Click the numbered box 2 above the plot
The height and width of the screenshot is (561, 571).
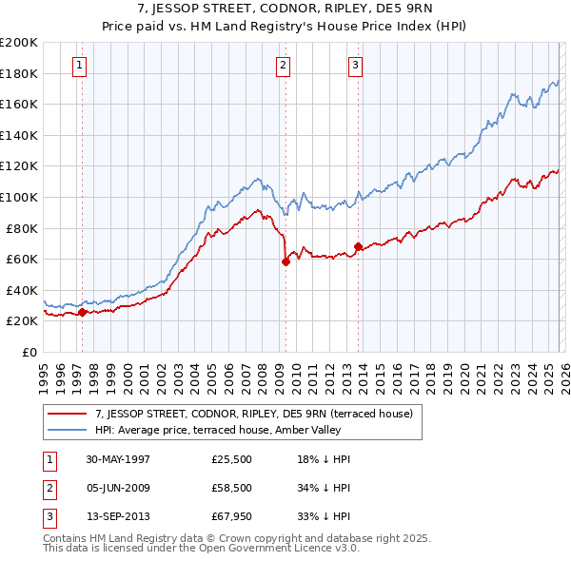[284, 66]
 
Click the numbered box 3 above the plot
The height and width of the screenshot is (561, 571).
[355, 66]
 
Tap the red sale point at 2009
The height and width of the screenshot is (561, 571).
[285, 261]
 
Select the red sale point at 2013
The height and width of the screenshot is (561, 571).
[358, 247]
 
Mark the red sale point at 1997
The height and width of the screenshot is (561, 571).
[83, 312]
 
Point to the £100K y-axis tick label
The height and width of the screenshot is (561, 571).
[19, 197]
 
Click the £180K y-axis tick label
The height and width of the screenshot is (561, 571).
[19, 73]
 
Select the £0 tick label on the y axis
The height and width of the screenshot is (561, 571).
[28, 352]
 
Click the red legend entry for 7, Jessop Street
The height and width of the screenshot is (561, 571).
[253, 414]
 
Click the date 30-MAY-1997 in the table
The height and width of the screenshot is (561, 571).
[118, 459]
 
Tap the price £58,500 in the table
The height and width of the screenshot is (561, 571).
[232, 490]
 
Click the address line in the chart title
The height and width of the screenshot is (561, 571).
[285, 10]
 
